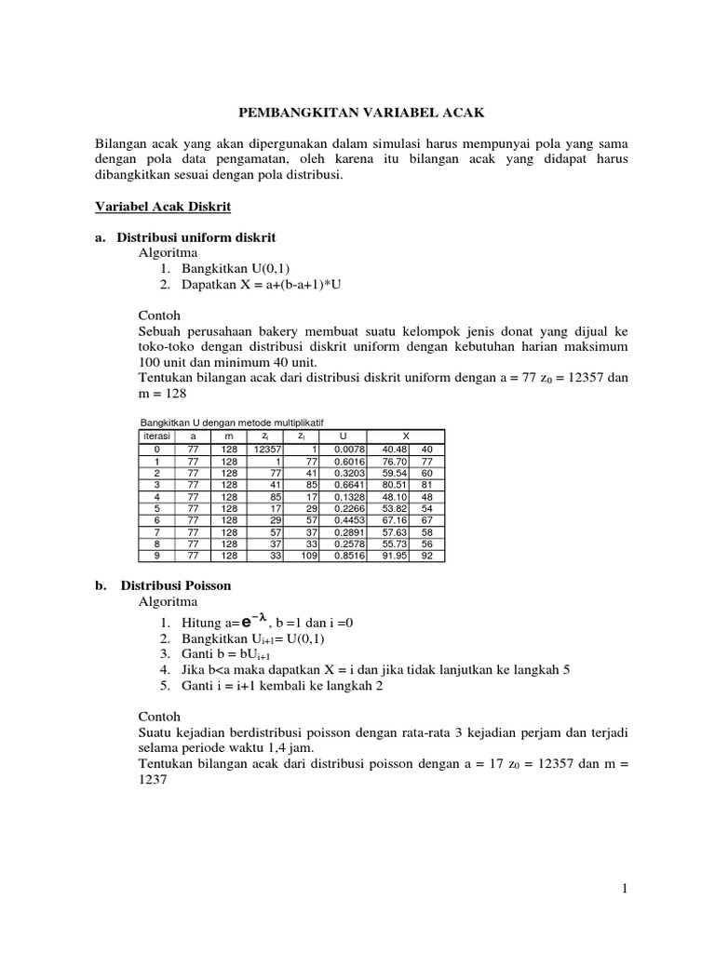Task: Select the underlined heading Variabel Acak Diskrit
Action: point(164,205)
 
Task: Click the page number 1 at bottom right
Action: point(625,890)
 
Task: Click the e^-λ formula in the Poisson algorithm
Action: point(250,622)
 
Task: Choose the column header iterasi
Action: point(154,436)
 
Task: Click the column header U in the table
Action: point(344,436)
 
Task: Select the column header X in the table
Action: point(405,436)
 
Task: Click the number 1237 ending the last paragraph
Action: point(152,782)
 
